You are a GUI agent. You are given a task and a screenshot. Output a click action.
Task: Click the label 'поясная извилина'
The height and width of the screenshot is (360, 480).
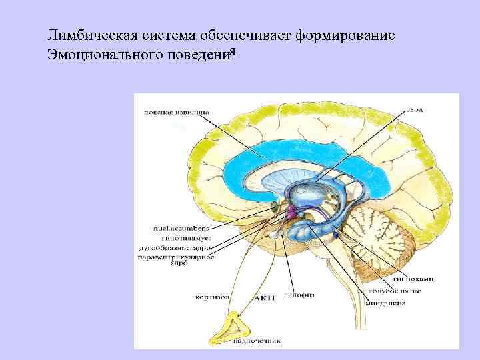pyautogui.click(x=175, y=112)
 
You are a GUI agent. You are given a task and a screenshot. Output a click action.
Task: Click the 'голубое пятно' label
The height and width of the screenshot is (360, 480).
pyautogui.click(x=389, y=291)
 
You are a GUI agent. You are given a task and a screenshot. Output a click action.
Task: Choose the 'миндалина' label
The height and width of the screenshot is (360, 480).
pyautogui.click(x=382, y=302)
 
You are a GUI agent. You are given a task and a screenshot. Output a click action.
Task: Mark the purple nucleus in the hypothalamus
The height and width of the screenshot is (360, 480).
pyautogui.click(x=291, y=212)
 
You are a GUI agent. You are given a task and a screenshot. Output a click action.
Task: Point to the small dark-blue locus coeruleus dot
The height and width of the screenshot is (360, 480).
pyautogui.click(x=337, y=235)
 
